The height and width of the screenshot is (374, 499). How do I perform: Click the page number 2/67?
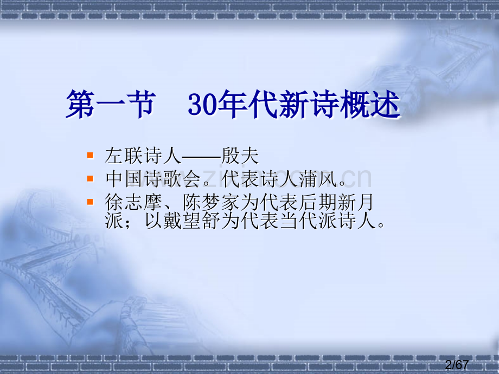tap(457, 364)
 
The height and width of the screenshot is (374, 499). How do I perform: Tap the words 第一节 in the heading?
tap(111, 104)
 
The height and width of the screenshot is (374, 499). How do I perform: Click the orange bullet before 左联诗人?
tap(90, 156)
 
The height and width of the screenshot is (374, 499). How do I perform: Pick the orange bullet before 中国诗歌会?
tap(90, 178)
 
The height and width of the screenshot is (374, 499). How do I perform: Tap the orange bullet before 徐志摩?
tap(90, 202)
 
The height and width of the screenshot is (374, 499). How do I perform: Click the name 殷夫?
tap(240, 156)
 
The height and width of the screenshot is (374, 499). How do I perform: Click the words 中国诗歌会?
tap(153, 179)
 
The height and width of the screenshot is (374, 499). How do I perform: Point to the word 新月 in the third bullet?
tap(356, 202)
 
